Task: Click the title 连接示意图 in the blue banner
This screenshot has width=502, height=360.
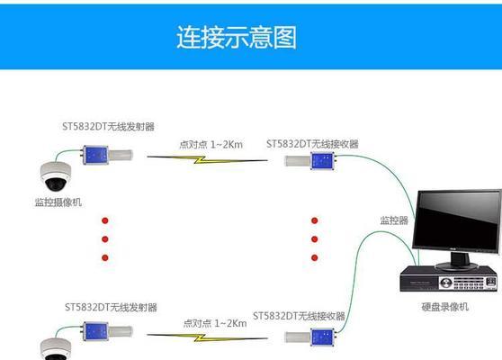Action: coord(237,38)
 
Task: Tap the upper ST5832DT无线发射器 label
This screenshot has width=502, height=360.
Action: coord(108,127)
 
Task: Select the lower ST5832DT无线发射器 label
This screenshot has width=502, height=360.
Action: coord(111,308)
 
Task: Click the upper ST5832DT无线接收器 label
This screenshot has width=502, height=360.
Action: coord(312,144)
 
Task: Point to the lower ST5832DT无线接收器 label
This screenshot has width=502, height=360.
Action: coord(299,316)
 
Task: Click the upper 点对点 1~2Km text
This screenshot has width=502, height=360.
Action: coord(211,145)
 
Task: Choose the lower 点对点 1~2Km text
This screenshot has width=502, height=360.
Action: coord(215,323)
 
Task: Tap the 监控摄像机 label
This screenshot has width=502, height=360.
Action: coord(58,202)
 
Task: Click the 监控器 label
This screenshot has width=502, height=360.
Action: coord(394,220)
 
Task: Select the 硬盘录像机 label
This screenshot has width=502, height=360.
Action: coord(445,307)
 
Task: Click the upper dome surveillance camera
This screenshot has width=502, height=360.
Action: coord(56,176)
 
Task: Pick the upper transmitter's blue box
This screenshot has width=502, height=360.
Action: coord(95,155)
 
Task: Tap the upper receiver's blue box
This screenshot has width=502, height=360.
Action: coord(323,161)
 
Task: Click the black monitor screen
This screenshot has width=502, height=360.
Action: coord(457,222)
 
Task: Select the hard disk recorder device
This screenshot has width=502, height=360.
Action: coord(449,279)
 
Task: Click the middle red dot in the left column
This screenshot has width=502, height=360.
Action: coord(105,238)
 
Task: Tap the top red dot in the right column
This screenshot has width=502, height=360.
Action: coord(314,220)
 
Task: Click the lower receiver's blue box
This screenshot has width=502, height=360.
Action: coord(323,337)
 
